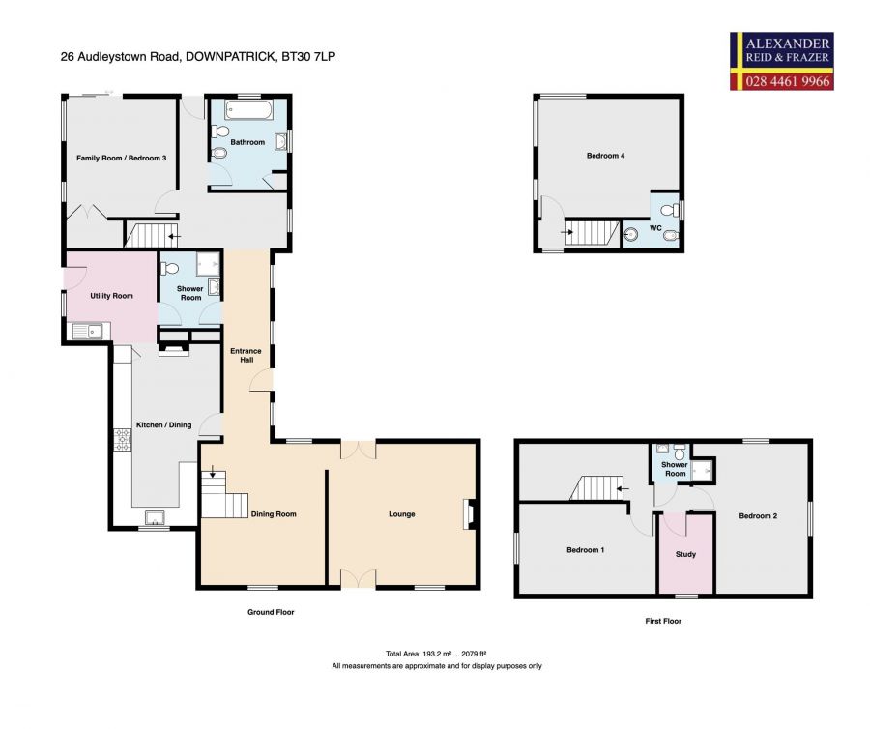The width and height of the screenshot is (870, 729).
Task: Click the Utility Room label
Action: coord(111,296)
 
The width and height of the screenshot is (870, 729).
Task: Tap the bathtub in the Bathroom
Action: coord(248,110)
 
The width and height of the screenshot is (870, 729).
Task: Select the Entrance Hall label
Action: coord(246,355)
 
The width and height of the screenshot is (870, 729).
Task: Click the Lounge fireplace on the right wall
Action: coord(469,514)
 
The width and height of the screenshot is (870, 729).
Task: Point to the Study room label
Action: coord(685,554)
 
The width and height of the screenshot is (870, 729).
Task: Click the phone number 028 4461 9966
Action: coord(787,81)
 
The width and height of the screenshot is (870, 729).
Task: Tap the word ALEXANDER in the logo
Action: coord(787,44)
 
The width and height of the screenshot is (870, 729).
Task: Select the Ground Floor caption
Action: coord(271,612)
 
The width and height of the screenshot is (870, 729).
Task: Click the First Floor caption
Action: coord(663,621)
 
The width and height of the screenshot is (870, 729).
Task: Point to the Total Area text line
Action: coord(436,654)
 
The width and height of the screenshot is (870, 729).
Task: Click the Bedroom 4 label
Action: coord(605,156)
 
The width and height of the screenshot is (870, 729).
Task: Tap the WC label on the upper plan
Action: coord(655,228)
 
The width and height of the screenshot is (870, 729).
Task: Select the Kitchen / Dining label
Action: coord(163,425)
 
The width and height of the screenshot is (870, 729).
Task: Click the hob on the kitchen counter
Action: coord(123,439)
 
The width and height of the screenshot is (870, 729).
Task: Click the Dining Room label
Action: coord(274,514)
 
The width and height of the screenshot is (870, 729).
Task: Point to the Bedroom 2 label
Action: coord(758,516)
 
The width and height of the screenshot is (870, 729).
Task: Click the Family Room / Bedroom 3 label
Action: coord(122,159)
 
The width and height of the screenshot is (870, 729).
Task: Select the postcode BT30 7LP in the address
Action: coord(308,57)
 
